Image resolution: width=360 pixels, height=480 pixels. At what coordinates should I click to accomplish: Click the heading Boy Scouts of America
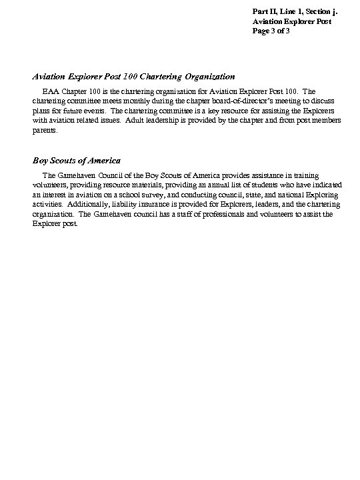coord(76,160)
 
